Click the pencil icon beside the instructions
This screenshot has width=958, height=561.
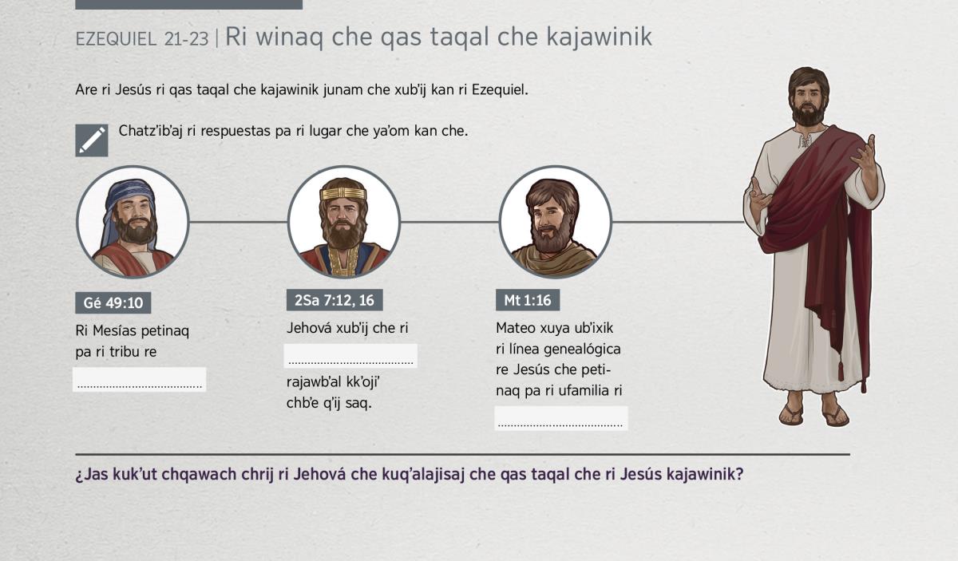(x=92, y=140)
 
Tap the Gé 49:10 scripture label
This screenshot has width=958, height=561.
(x=113, y=302)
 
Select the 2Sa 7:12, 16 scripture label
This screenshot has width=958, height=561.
(x=335, y=300)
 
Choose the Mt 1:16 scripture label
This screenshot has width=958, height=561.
(x=528, y=300)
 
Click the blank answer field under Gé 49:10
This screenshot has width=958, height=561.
(x=140, y=379)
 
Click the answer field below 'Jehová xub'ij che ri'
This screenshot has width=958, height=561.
(x=350, y=356)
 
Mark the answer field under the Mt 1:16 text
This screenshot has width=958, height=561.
(x=561, y=418)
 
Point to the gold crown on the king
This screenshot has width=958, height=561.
(x=343, y=193)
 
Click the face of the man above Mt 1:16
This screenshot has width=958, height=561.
(x=551, y=217)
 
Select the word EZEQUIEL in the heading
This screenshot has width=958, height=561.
(x=116, y=39)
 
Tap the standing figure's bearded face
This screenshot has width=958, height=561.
(x=807, y=102)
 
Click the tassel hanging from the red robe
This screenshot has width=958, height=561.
(x=841, y=369)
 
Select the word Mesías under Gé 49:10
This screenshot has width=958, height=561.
(x=114, y=330)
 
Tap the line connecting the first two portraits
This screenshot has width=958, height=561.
(x=238, y=222)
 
